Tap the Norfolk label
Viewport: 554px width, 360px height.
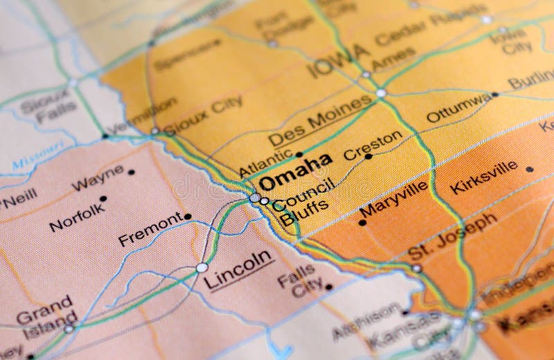pyautogui.click(x=78, y=216)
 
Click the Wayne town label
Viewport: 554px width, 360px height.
pyautogui.click(x=98, y=179)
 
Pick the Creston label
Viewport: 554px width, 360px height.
pyautogui.click(x=373, y=144)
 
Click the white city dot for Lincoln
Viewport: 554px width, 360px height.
pyautogui.click(x=202, y=267)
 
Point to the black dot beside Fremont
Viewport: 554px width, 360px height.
pyautogui.click(x=188, y=217)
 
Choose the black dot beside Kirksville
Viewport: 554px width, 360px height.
pyautogui.click(x=530, y=169)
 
